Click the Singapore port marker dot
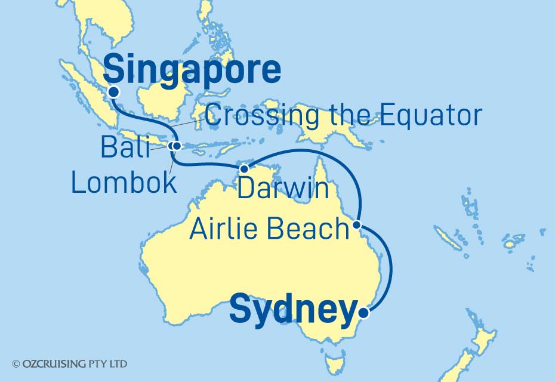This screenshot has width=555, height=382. click(114, 92)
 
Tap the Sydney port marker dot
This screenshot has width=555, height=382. click(365, 310)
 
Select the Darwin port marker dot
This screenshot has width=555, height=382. click(243, 169)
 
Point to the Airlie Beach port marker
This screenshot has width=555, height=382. click(356, 225)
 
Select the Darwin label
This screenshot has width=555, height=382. click(283, 188)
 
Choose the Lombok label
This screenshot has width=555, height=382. click(124, 183)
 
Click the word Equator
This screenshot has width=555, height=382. click(421, 115)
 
